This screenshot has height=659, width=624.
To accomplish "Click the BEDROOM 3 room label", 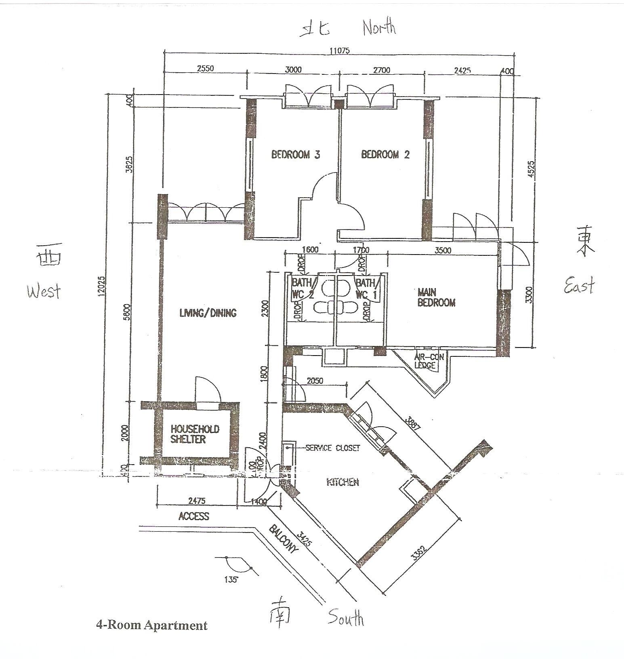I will (296, 154).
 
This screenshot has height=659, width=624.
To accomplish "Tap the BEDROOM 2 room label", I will (385, 154).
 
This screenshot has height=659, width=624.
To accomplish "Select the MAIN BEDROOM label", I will (436, 297).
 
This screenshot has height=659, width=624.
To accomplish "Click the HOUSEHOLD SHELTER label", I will (195, 434).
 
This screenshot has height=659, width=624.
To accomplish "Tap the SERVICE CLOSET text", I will (332, 448).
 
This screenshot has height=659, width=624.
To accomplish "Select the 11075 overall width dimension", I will (339, 51).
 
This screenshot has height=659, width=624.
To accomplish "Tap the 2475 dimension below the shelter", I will (197, 501).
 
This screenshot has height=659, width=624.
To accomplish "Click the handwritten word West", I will (44, 291).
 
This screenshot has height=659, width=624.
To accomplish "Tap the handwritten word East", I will (579, 285).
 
